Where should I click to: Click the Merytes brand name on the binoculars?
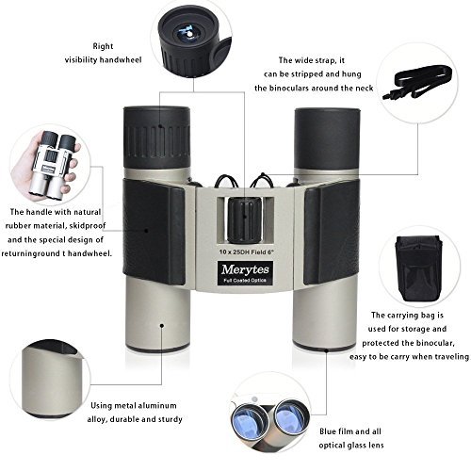pos(245,269)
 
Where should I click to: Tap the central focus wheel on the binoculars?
pos(245,220)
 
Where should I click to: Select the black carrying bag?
pos(419,269)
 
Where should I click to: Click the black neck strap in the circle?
pos(417,82)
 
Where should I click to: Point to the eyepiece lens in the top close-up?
pos(187,33)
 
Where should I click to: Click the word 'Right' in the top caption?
pos(103,46)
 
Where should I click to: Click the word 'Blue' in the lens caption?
pos(329,431)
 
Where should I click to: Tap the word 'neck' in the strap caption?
pos(365,88)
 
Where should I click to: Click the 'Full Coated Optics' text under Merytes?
pos(245,280)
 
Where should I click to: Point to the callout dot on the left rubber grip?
pos(146,231)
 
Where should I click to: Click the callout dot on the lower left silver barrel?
pos(162,325)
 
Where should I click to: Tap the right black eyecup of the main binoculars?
pos(327,139)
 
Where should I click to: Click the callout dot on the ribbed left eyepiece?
pos(160,126)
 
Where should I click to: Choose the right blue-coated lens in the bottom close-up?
pos(291,415)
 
